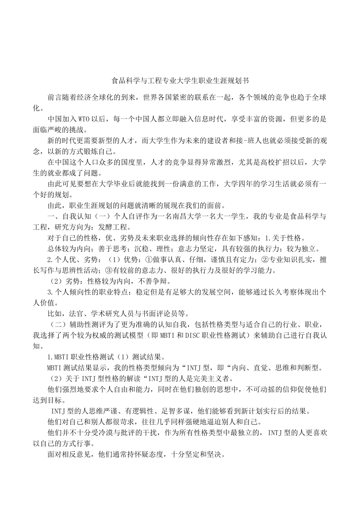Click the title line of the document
coord(180,81)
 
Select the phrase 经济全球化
coord(94,98)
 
